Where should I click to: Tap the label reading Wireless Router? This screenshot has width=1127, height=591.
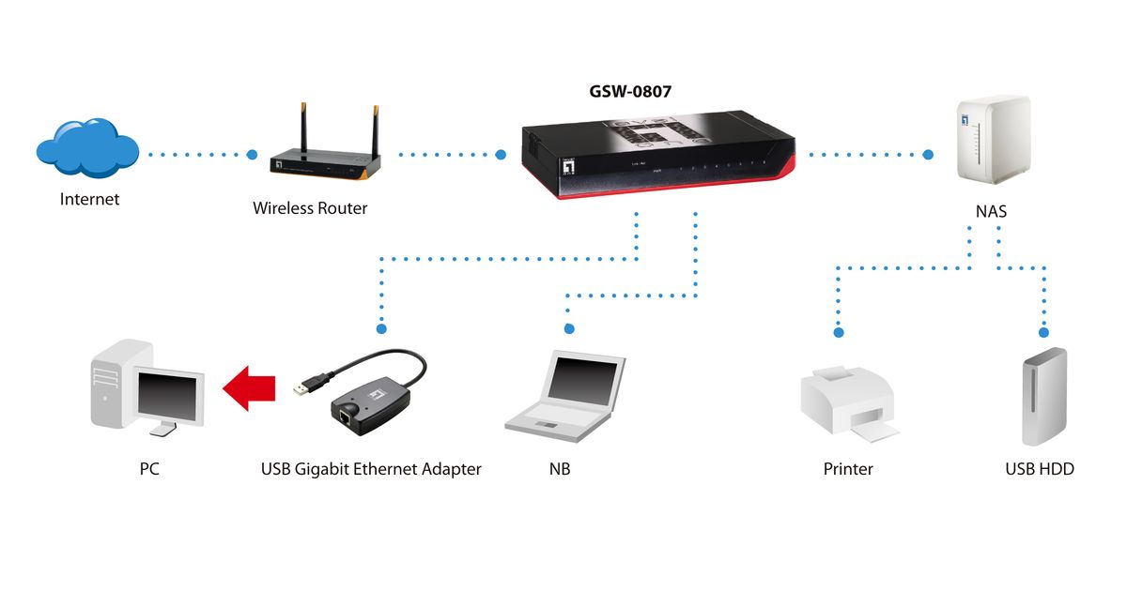pos(310,208)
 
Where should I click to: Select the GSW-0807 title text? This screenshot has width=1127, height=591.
pos(629,92)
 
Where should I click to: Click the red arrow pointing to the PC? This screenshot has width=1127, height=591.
pos(248,385)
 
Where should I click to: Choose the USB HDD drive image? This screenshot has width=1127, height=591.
pos(1043,397)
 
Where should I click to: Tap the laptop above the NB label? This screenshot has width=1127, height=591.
pos(565,394)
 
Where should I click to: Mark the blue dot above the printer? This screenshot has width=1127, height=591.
pos(840,332)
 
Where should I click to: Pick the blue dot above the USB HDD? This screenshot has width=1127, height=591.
pos(1043,332)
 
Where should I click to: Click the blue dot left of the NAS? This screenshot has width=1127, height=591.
pos(929,154)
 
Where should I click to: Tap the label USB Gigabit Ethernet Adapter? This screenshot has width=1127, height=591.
pos(371,469)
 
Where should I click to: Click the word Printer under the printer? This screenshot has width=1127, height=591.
pos(848,469)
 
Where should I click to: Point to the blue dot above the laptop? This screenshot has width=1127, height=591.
pos(568,328)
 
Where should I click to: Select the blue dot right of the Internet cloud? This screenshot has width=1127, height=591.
pos(252,154)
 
